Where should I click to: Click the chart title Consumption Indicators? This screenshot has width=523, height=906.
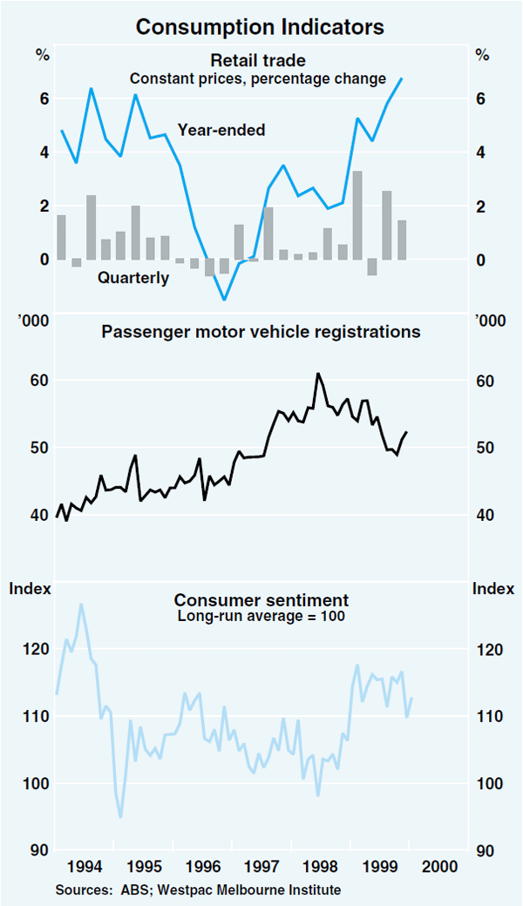(260, 27)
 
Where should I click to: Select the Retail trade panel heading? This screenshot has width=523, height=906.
(258, 60)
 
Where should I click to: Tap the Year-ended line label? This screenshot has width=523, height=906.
(221, 131)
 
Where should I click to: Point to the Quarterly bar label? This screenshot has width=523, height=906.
(133, 279)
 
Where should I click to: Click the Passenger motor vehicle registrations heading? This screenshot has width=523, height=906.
(261, 332)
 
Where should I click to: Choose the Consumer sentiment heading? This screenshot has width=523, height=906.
(261, 600)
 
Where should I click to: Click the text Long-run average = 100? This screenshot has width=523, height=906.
(261, 617)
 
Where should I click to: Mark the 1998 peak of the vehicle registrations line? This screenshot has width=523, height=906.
(317, 374)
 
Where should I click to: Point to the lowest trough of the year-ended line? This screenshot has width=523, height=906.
(224, 300)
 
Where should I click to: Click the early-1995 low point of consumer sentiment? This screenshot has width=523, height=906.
(120, 816)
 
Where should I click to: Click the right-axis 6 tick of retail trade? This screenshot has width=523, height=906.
(479, 99)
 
